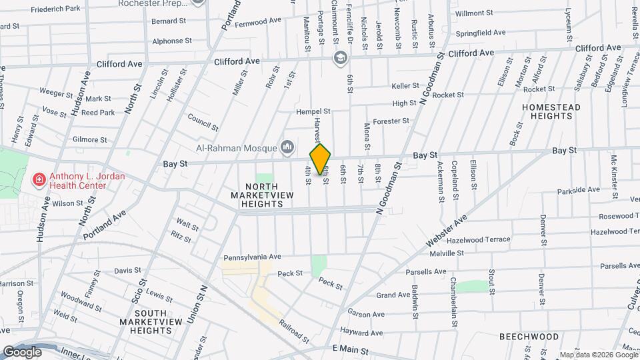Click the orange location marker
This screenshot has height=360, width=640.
point(320,160)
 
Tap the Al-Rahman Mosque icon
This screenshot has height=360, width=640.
point(288,146)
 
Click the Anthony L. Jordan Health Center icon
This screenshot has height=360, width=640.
point(39,180)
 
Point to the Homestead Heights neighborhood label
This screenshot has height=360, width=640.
point(551,111)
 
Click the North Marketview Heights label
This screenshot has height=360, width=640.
point(257,195)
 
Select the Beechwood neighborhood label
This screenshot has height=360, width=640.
point(529,337)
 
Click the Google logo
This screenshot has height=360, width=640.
point(23,351)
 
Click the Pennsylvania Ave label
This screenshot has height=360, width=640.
point(253,257)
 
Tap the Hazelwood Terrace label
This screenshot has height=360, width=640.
point(479,239)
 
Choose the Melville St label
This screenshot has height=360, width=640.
point(447,253)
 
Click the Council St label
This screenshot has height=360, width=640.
point(203,122)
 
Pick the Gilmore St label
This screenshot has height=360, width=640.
point(90,140)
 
